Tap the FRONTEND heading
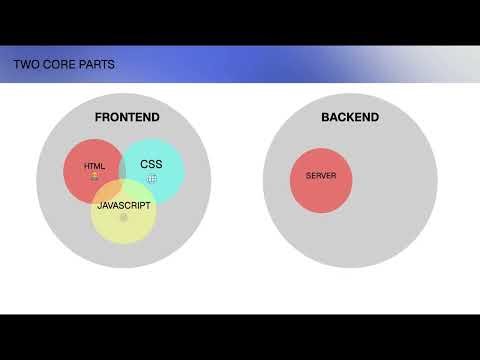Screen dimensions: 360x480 point(127,118)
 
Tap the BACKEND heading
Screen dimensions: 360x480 point(350,118)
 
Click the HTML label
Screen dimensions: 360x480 point(94,166)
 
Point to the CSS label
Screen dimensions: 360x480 point(151,163)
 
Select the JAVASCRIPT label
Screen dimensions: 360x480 point(124,205)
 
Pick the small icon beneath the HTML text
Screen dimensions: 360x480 point(94,177)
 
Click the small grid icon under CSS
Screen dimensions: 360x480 point(152,178)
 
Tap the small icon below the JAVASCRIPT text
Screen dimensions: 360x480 point(124,217)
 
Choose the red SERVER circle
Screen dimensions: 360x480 point(321,190)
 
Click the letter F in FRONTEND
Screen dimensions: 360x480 point(98,118)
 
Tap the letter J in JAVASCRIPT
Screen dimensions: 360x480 point(99,205)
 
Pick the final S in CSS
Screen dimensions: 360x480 point(158,163)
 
